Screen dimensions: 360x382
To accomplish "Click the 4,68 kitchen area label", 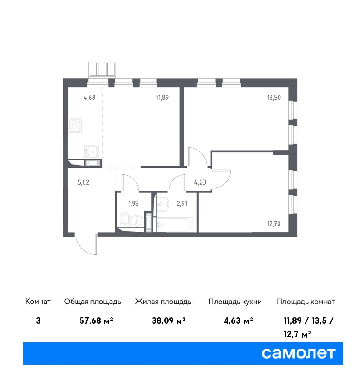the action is click(x=90, y=98).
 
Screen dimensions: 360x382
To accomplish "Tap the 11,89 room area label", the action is click(x=162, y=98).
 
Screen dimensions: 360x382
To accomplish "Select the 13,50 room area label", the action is click(x=274, y=98).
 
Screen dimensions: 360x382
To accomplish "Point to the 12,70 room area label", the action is click(x=274, y=224).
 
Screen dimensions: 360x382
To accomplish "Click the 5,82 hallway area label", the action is click(x=83, y=182).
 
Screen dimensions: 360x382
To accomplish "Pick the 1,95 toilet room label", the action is click(x=133, y=204).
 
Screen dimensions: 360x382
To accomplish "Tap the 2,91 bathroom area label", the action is click(x=182, y=204).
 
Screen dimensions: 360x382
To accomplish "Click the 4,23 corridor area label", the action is click(x=200, y=182).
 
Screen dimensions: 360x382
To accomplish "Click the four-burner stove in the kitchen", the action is click(x=75, y=125).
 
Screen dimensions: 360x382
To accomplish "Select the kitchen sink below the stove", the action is click(x=91, y=151).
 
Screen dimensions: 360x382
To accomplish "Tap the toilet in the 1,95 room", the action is click(x=125, y=218).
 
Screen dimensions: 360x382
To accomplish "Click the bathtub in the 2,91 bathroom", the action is click(x=175, y=224).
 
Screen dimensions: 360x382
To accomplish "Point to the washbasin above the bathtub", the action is click(x=163, y=204).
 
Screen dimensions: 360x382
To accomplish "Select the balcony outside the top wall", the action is click(x=102, y=69).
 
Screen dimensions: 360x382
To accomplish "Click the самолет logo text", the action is click(x=298, y=353).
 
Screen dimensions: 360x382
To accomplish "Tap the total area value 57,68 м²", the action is click(x=96, y=320).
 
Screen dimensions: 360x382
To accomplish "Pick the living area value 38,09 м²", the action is click(x=169, y=320).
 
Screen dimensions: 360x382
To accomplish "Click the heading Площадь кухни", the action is click(x=235, y=302).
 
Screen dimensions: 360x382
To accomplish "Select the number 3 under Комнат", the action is click(x=38, y=320).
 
